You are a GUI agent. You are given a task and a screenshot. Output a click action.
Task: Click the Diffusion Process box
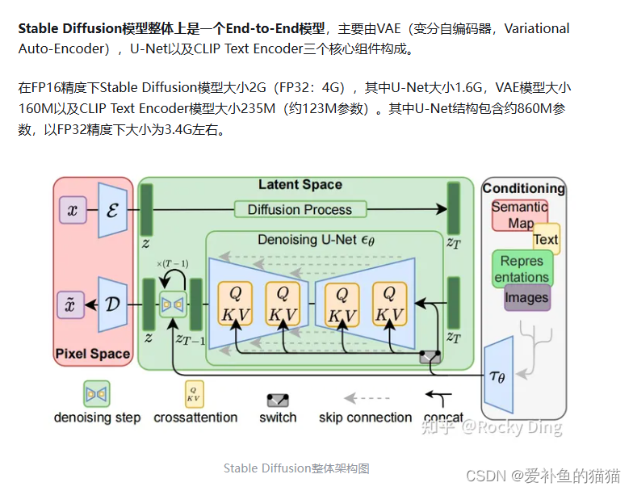click(300, 210)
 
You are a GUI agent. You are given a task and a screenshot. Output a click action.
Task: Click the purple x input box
click(73, 212)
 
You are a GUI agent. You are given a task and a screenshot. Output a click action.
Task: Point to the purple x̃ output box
click(73, 305)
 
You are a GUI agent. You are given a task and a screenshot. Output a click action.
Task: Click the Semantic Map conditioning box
click(519, 215)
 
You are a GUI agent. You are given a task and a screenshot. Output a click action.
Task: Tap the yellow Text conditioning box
click(546, 239)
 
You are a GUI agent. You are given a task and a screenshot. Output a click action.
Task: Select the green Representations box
click(522, 269)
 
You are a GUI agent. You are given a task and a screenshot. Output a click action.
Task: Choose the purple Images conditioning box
click(526, 298)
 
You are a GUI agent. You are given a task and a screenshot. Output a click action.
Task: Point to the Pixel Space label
click(92, 354)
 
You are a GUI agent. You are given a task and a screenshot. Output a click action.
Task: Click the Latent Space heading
click(300, 185)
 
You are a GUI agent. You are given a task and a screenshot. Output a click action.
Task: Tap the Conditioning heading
click(523, 188)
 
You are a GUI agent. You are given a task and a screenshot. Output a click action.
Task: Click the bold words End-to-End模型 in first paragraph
click(275, 28)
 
